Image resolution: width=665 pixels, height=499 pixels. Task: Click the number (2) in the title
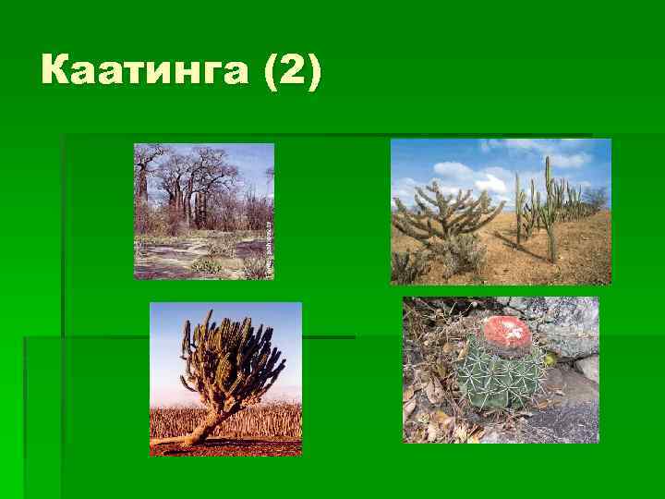click(x=293, y=71)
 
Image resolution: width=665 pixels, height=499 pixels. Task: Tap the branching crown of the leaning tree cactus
click(x=231, y=356)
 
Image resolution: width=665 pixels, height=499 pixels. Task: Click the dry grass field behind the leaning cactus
click(x=268, y=420)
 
